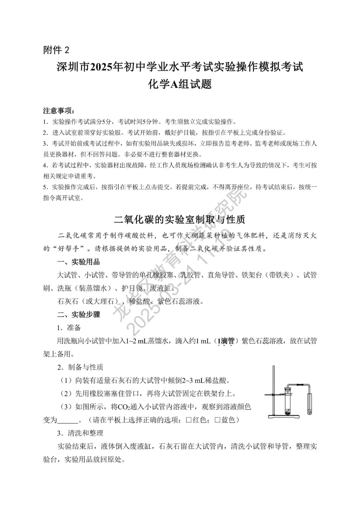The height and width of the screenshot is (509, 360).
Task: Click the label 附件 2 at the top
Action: (56, 50)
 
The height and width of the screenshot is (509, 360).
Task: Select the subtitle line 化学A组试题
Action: (180, 84)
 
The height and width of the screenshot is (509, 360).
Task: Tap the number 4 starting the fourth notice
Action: (45, 165)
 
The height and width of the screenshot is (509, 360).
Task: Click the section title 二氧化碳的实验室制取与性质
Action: (180, 219)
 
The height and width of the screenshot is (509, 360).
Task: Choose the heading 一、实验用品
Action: (79, 262)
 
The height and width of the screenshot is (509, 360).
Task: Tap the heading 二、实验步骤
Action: (79, 314)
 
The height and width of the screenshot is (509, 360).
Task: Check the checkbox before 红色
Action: (189, 420)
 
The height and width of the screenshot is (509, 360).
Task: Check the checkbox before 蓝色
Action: (217, 420)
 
